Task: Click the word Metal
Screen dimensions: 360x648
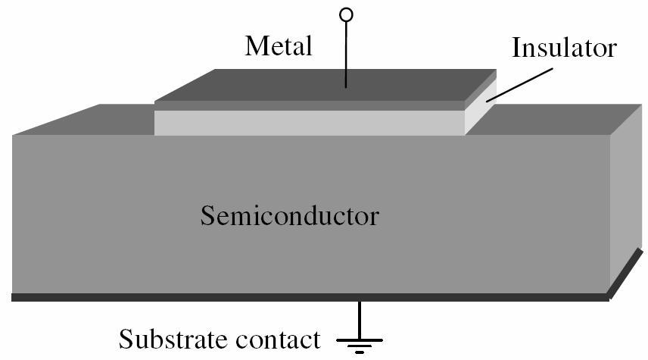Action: (x=278, y=46)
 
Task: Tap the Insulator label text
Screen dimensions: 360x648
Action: (x=564, y=48)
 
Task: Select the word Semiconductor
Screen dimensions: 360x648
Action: (x=289, y=216)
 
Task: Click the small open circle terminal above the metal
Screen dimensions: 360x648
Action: (x=346, y=14)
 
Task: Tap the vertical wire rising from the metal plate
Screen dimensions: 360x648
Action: (x=346, y=53)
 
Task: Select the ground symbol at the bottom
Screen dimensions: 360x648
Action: (x=360, y=344)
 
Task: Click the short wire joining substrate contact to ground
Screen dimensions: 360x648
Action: (x=360, y=317)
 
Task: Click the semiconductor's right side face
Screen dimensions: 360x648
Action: (x=625, y=205)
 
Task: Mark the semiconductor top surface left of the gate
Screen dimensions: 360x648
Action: (x=91, y=121)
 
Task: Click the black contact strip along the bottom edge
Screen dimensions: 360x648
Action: (x=303, y=297)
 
